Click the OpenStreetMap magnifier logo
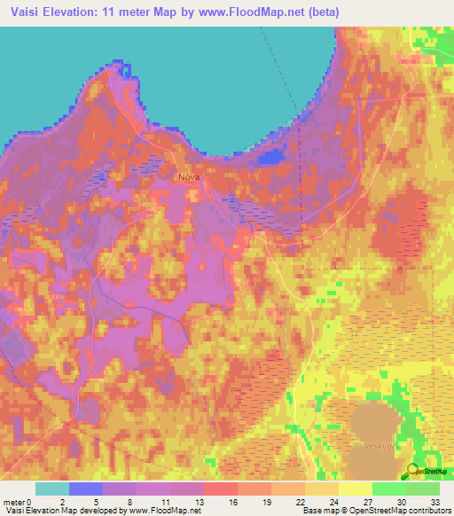(x=410, y=470)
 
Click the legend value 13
(x=204, y=501)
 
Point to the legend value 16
(x=238, y=501)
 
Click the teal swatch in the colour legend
(x=52, y=489)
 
